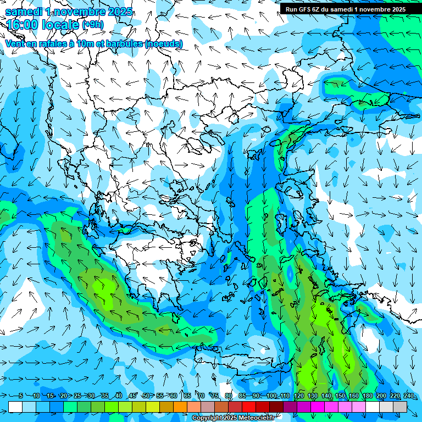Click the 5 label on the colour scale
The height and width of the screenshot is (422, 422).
click(20, 396)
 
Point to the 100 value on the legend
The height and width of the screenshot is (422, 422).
click(271, 396)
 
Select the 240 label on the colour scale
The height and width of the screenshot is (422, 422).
click(409, 396)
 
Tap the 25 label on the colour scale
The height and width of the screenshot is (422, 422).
click(77, 396)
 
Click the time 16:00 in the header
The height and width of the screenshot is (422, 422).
click(25, 25)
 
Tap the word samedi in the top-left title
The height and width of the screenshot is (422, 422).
click(25, 11)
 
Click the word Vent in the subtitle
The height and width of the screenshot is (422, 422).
click(15, 44)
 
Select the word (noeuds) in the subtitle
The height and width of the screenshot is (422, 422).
click(164, 44)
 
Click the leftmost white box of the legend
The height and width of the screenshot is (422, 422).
click(15, 407)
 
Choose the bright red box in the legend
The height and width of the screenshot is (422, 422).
click(249, 407)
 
